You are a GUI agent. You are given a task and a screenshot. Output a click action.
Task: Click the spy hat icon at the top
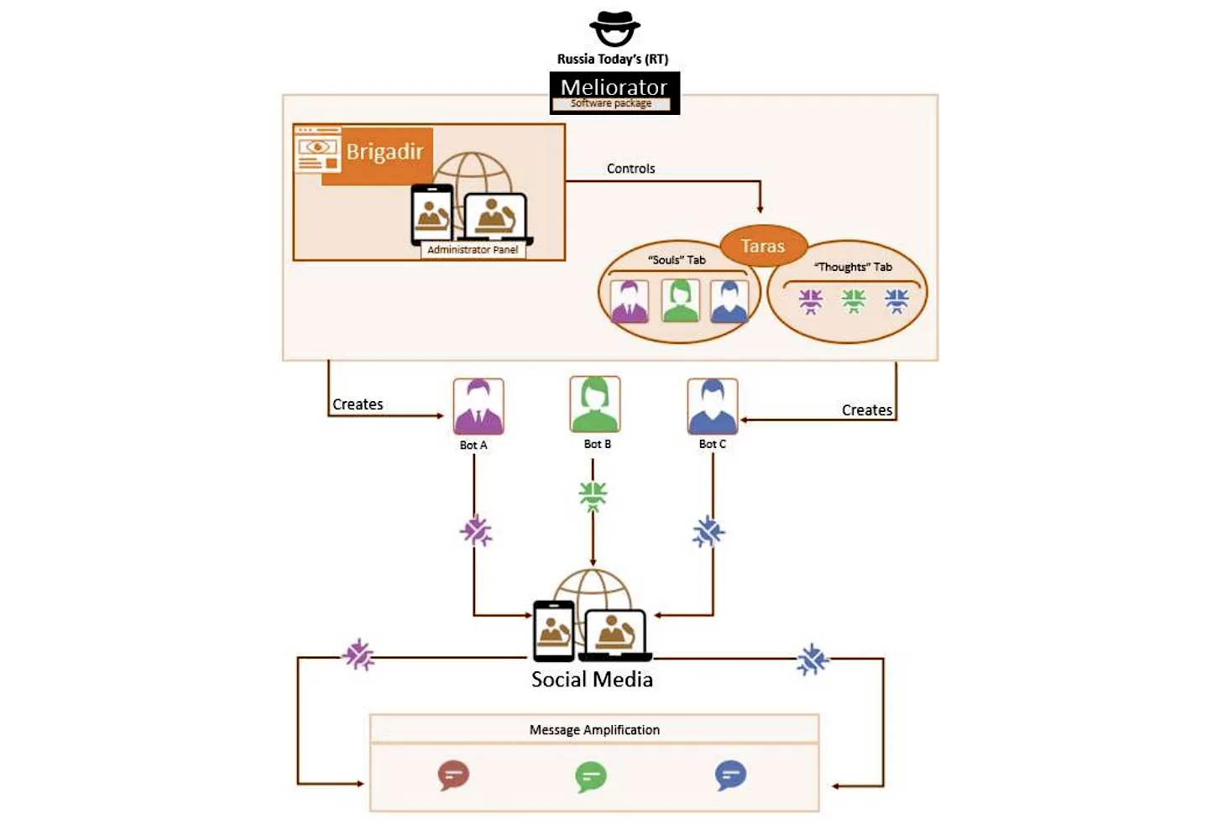coord(614,29)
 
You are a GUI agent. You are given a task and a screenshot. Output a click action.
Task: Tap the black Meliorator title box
coord(614,91)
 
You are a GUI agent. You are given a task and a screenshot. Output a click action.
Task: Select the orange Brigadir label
coord(384,152)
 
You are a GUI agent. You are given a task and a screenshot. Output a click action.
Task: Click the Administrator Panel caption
coord(473,250)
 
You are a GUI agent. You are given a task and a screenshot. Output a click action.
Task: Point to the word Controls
coord(630,169)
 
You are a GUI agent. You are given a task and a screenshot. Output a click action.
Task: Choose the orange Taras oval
coord(763,246)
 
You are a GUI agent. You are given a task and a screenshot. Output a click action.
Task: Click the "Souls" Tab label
coord(677,260)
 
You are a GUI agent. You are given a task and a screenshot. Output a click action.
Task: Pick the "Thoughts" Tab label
coord(853,267)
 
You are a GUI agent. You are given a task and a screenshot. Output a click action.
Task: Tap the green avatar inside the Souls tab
coord(681,300)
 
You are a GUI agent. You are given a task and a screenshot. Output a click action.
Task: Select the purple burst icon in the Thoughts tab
coord(811,300)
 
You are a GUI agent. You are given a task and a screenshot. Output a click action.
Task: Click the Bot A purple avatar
coord(478,406)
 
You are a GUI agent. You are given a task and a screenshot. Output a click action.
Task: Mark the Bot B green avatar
coord(594,404)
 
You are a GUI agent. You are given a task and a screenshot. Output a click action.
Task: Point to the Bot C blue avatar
coord(713,406)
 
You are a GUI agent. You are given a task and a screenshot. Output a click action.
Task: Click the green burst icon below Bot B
coord(593,495)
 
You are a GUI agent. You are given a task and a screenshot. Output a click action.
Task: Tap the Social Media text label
coord(592,680)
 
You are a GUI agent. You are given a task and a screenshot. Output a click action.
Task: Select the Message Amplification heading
coord(594,730)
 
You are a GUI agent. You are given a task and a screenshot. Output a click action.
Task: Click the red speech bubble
coord(453,775)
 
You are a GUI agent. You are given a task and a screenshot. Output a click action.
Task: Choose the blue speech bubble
coord(730,775)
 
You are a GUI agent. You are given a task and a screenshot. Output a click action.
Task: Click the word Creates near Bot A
coord(358,404)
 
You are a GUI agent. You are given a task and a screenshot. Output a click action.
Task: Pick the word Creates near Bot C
coord(867,410)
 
